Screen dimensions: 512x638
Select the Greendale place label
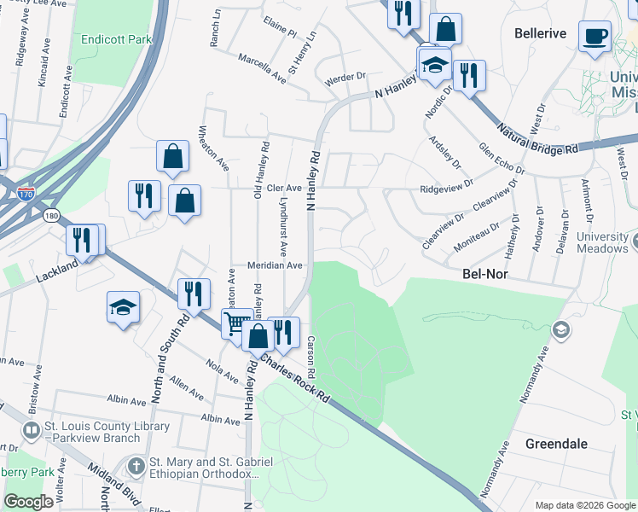[x=555, y=445]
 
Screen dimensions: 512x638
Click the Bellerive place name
[x=541, y=33]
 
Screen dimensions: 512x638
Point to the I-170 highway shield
[x=26, y=195]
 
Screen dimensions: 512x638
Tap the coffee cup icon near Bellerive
[x=594, y=37]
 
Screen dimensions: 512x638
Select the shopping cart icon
[x=236, y=323]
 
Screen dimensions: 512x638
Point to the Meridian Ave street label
[x=275, y=265]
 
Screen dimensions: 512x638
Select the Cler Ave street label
[x=284, y=188]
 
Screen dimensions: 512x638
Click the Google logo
[x=29, y=502]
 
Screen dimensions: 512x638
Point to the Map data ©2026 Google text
[x=584, y=505]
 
